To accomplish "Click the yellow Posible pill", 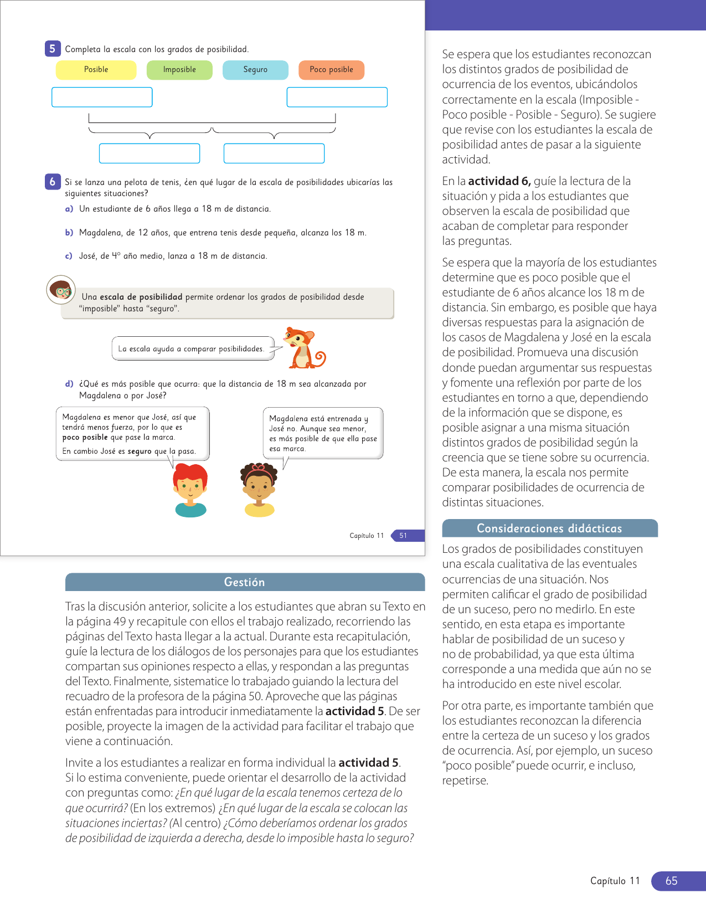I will (x=96, y=70).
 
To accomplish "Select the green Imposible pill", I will (x=179, y=70).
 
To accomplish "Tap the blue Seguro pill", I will (x=255, y=70).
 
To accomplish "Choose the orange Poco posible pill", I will (x=331, y=70).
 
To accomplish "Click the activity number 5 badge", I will (x=53, y=49).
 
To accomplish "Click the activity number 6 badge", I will (x=53, y=181).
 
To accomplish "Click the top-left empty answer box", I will (x=102, y=97).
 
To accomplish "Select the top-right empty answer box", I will (x=337, y=97).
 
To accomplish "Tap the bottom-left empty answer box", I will (x=150, y=153).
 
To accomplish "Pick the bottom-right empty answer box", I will (x=274, y=153).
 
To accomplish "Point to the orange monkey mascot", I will (x=302, y=348).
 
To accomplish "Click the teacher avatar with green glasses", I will (x=61, y=290).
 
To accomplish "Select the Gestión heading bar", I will (x=245, y=582).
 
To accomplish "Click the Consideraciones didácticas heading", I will (x=549, y=528).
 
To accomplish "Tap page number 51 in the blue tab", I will (x=404, y=536).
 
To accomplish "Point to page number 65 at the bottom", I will (x=672, y=881).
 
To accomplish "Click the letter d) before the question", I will (x=69, y=384).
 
